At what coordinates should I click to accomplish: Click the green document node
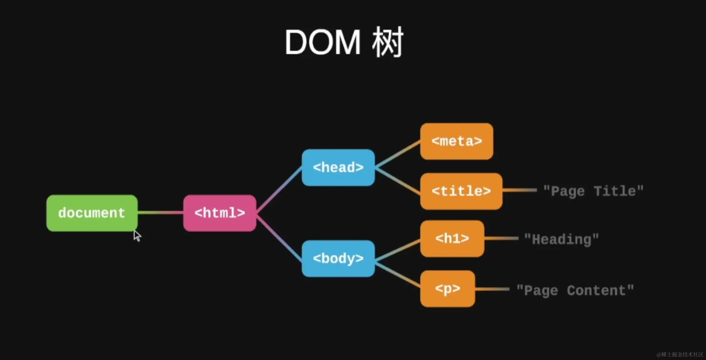pos(92,213)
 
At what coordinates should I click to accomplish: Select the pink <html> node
pos(220,213)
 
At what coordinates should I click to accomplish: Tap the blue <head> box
pos(338,167)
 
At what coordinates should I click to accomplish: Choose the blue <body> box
pos(338,258)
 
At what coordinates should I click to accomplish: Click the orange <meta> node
pos(457,141)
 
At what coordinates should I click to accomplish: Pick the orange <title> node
pos(461,191)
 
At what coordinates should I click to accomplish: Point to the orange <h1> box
pos(452,238)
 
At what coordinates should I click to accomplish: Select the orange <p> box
pos(448,289)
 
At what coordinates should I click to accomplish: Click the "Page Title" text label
pos(593,191)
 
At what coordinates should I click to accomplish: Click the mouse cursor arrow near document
pos(137,235)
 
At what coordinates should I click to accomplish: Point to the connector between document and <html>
pos(161,213)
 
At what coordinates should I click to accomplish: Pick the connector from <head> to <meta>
pos(398,154)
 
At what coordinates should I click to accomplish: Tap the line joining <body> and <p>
pos(398,275)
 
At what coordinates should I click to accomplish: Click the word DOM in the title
pos(323,43)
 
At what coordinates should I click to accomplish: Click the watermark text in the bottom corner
pos(680,355)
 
